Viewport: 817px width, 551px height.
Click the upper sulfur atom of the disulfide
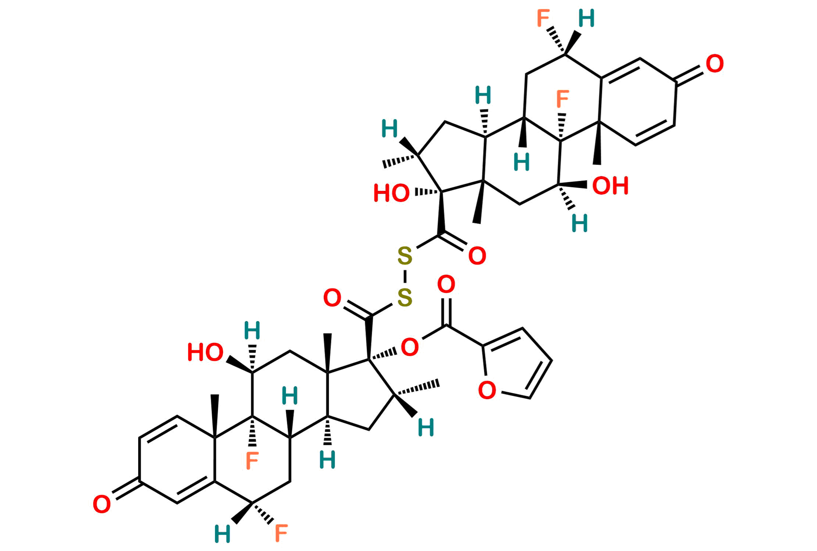pyautogui.click(x=405, y=256)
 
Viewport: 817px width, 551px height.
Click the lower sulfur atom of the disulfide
pyautogui.click(x=405, y=297)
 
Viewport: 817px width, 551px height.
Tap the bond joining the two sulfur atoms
pyautogui.click(x=405, y=277)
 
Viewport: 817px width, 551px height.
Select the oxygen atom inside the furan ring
pyautogui.click(x=487, y=390)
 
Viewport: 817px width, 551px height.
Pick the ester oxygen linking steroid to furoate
pyautogui.click(x=410, y=347)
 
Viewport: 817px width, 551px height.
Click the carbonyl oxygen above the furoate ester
pyautogui.click(x=446, y=285)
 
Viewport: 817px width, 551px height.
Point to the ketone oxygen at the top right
pyautogui.click(x=715, y=64)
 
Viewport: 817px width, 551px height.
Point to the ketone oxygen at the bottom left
pyautogui.click(x=102, y=505)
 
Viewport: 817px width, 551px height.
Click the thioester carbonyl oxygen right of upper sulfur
pyautogui.click(x=477, y=256)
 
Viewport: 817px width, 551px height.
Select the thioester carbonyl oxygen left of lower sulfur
pyautogui.click(x=332, y=298)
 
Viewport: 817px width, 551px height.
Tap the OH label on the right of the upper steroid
pyautogui.click(x=610, y=186)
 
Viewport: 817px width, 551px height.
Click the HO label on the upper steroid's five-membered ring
pyautogui.click(x=392, y=193)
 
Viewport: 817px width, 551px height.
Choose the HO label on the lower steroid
pyautogui.click(x=205, y=353)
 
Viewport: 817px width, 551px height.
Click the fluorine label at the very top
pyautogui.click(x=543, y=19)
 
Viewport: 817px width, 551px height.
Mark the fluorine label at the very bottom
pyautogui.click(x=281, y=533)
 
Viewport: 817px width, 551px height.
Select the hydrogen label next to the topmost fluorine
pyautogui.click(x=586, y=19)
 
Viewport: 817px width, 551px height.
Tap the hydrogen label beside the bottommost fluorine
pyautogui.click(x=222, y=534)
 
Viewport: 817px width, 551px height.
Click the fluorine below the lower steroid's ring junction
pyautogui.click(x=252, y=461)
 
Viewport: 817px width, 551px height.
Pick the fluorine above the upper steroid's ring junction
pyautogui.click(x=562, y=100)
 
